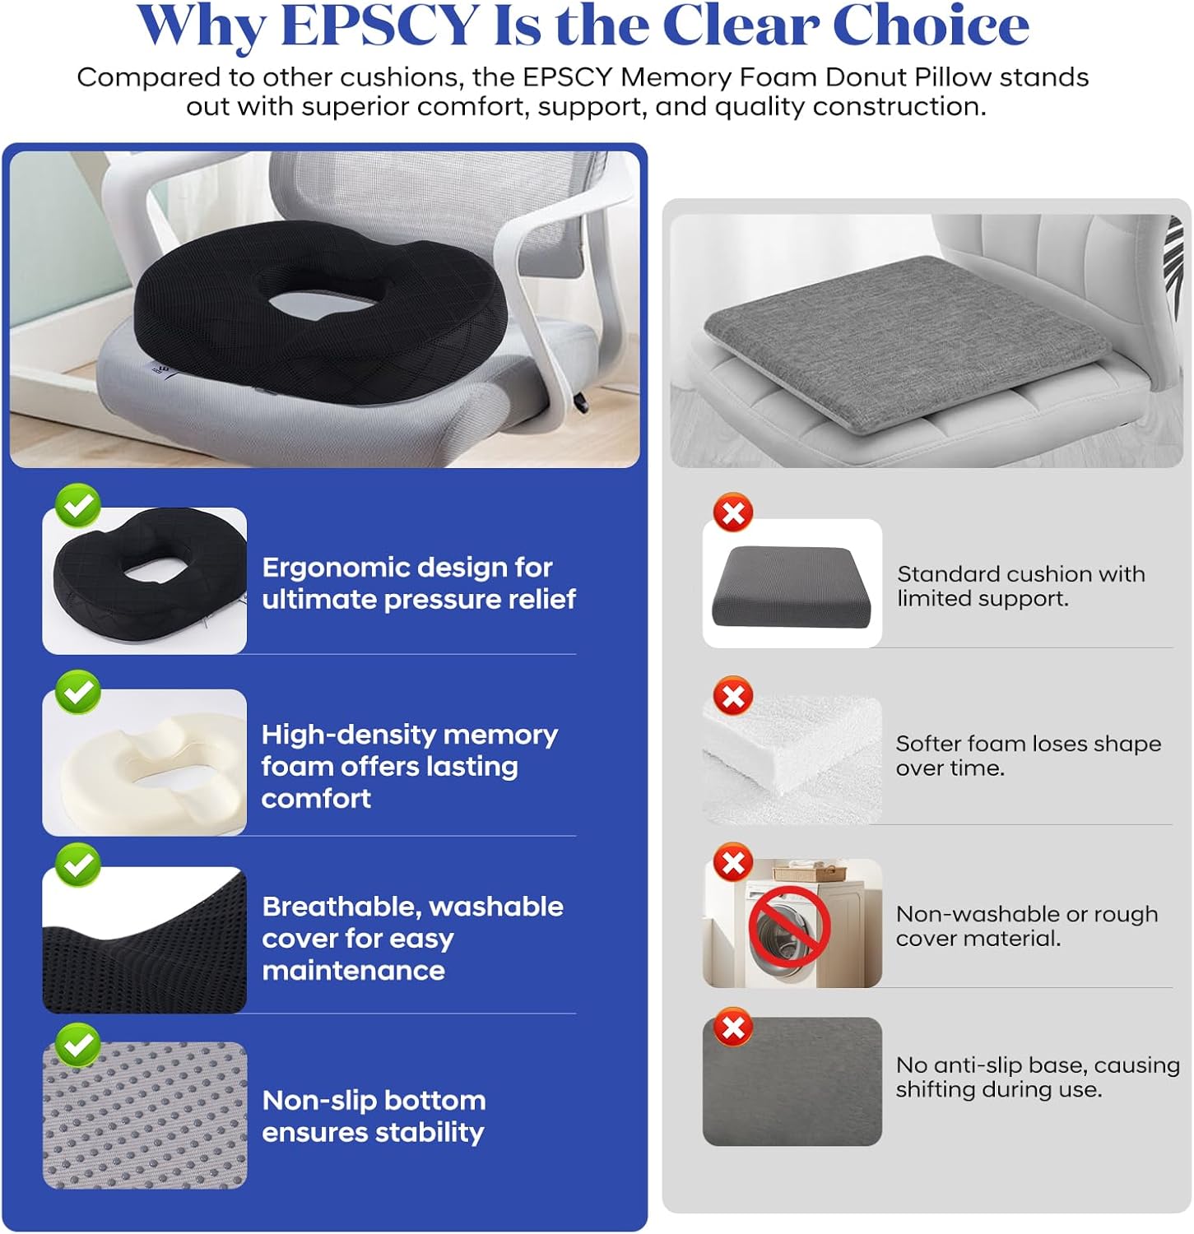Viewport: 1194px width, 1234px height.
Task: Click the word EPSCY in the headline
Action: coord(380,26)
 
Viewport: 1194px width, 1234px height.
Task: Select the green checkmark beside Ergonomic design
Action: coord(78,505)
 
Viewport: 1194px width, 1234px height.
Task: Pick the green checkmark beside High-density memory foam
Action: coord(78,691)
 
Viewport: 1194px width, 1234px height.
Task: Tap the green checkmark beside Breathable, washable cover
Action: coord(78,865)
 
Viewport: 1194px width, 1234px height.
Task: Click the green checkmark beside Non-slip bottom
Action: coord(78,1045)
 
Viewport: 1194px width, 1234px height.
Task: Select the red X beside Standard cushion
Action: coord(732,513)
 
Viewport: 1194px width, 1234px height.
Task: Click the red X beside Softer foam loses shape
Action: coord(732,697)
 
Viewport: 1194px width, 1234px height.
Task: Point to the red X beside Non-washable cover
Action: coord(732,863)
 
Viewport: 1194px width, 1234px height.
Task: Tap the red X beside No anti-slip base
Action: coord(732,1028)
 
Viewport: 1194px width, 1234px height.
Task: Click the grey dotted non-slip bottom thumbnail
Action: coord(145,1116)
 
